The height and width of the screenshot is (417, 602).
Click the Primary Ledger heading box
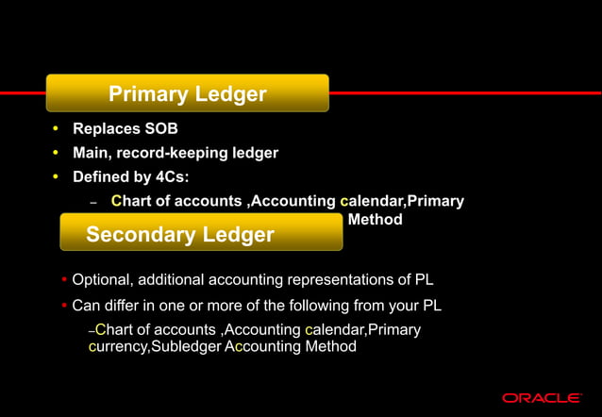188,93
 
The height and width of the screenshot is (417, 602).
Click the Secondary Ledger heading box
200,232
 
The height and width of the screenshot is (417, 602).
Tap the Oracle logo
542,397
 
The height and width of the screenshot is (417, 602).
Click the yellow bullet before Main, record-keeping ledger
56,152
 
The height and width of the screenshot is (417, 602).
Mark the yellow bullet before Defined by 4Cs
56,176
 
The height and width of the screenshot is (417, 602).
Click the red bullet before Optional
63,280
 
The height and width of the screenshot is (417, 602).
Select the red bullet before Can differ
63,306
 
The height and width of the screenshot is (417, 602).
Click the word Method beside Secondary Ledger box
375,220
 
